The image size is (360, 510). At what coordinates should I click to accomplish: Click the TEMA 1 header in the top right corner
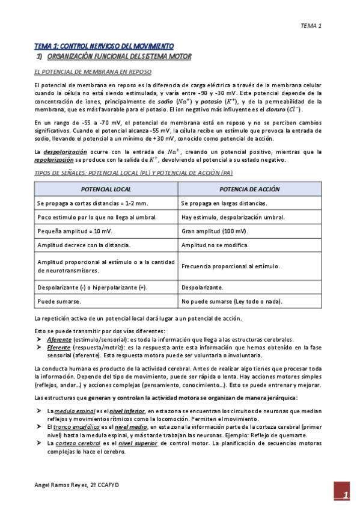(311, 26)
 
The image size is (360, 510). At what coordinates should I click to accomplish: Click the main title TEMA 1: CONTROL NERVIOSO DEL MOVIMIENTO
(104, 46)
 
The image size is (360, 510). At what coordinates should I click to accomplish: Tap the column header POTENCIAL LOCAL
(106, 189)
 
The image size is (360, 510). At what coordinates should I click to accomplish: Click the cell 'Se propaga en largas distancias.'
(225, 203)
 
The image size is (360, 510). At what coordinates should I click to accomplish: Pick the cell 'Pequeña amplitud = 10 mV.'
(75, 231)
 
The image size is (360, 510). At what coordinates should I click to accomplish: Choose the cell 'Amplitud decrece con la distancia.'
(84, 245)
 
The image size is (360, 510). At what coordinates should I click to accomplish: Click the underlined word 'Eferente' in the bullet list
(58, 348)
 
